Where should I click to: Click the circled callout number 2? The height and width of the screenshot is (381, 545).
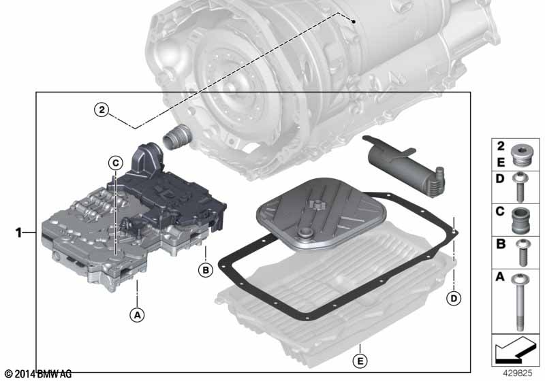click(102, 110)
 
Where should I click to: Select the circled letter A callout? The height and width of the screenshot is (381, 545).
click(138, 314)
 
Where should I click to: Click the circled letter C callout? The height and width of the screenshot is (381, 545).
click(114, 162)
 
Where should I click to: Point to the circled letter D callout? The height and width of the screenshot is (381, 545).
click(452, 297)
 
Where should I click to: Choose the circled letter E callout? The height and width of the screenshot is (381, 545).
click(360, 359)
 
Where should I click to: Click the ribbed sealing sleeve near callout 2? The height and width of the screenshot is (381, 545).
click(176, 139)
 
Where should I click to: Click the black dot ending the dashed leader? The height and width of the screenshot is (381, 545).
click(356, 21)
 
